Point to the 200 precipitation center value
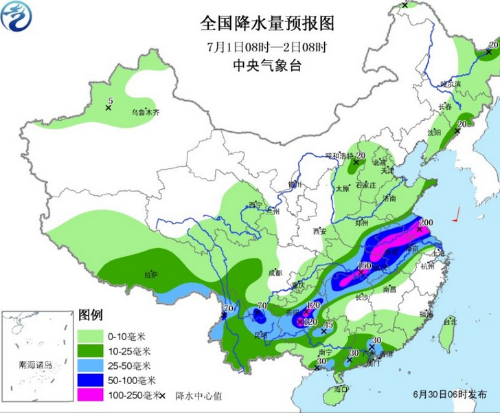426,222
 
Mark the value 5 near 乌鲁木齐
110,102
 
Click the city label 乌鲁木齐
145,112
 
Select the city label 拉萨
150,275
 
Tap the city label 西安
319,231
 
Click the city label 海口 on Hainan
339,390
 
